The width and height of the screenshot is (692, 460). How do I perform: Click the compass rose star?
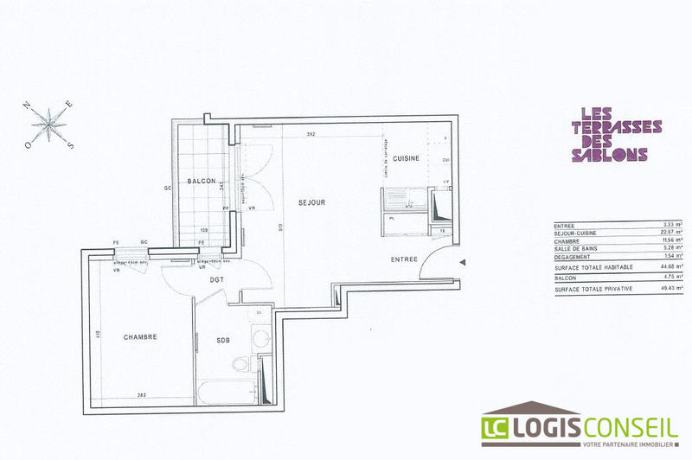pos(53,124)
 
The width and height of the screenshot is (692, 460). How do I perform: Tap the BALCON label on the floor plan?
pos(201,181)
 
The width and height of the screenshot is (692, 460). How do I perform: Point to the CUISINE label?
pos(406,158)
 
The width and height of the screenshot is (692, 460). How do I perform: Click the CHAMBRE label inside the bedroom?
pos(140,337)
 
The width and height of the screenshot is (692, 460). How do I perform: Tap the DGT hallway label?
pos(217,279)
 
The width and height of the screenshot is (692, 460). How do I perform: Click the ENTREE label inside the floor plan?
pos(404,259)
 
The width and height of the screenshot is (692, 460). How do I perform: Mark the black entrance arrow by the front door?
pos(465,262)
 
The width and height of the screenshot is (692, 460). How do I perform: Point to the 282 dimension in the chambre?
pos(140,395)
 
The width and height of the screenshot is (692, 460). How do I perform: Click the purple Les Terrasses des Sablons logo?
pos(610,134)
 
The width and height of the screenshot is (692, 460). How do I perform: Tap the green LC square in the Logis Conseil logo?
pos(497,427)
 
